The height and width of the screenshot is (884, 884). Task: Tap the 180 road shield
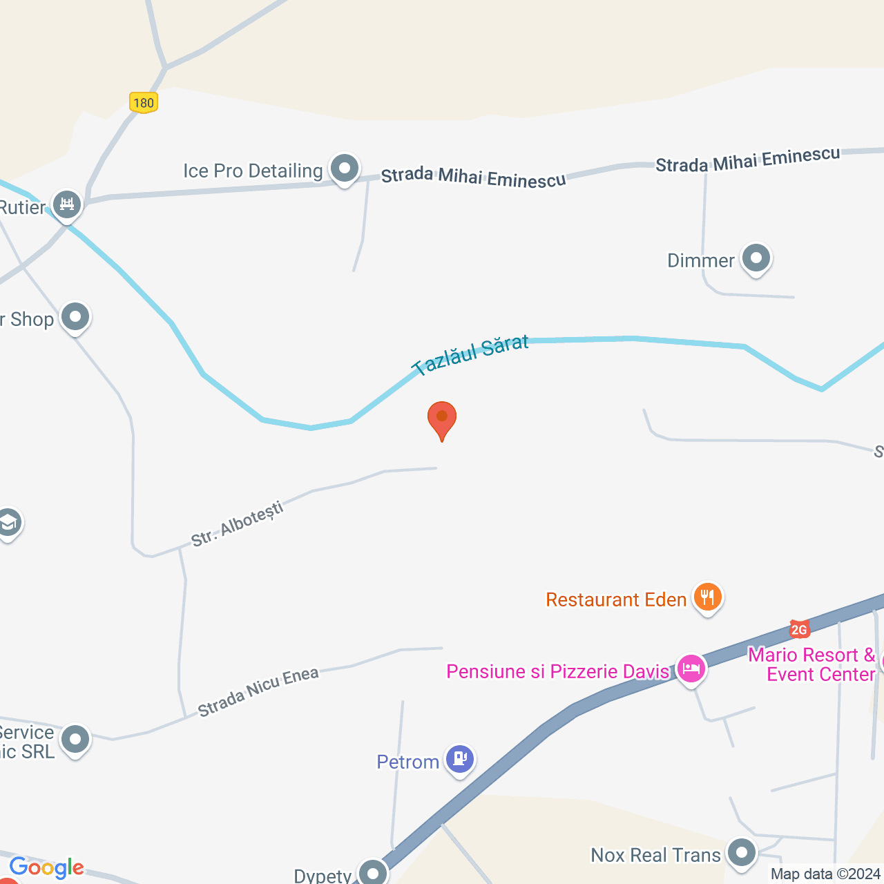coord(144,103)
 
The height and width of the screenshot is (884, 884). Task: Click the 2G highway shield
coord(799,629)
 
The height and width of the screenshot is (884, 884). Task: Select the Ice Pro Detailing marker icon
coord(344,168)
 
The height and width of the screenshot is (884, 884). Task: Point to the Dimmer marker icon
coord(756,258)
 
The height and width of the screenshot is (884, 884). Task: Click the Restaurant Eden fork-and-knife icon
coord(707,597)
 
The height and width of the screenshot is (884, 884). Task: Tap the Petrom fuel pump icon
coord(459,759)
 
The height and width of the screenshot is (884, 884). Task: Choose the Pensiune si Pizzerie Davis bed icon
coord(691,669)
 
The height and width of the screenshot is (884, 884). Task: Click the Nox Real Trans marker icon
coord(742,852)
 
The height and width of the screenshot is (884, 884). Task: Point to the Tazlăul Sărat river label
coord(470,355)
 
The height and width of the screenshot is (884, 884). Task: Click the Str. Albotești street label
coord(237,525)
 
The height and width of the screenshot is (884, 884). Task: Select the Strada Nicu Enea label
coord(258,691)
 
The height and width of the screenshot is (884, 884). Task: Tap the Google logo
coord(46,867)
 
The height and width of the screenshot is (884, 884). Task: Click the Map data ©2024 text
coord(825,874)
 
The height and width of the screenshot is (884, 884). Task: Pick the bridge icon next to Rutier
coord(67,204)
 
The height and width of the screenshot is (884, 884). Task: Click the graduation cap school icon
coord(8,523)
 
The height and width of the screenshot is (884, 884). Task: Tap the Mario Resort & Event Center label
coord(812,664)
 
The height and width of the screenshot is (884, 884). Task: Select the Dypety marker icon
coord(373,873)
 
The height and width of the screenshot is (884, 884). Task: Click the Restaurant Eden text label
coord(616,599)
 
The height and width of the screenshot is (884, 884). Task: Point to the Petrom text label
coord(407,762)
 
